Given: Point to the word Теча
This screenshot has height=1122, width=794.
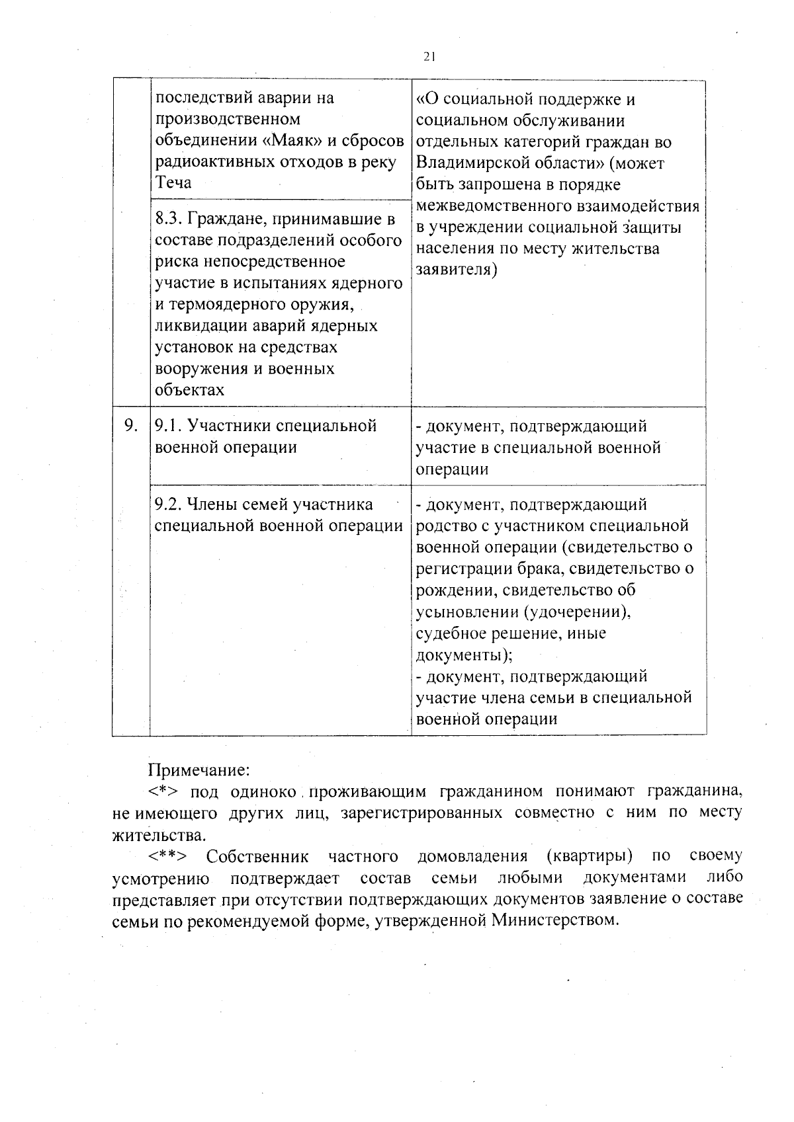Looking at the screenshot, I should [173, 183].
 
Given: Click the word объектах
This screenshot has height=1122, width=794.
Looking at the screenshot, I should [189, 390].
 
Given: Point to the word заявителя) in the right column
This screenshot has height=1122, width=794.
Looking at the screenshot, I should [456, 270].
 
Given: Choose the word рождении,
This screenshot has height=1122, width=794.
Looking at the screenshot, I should [455, 590].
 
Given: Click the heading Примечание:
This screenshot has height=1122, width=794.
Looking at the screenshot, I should [198, 771].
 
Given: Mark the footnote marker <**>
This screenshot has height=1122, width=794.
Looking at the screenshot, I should [168, 858].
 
